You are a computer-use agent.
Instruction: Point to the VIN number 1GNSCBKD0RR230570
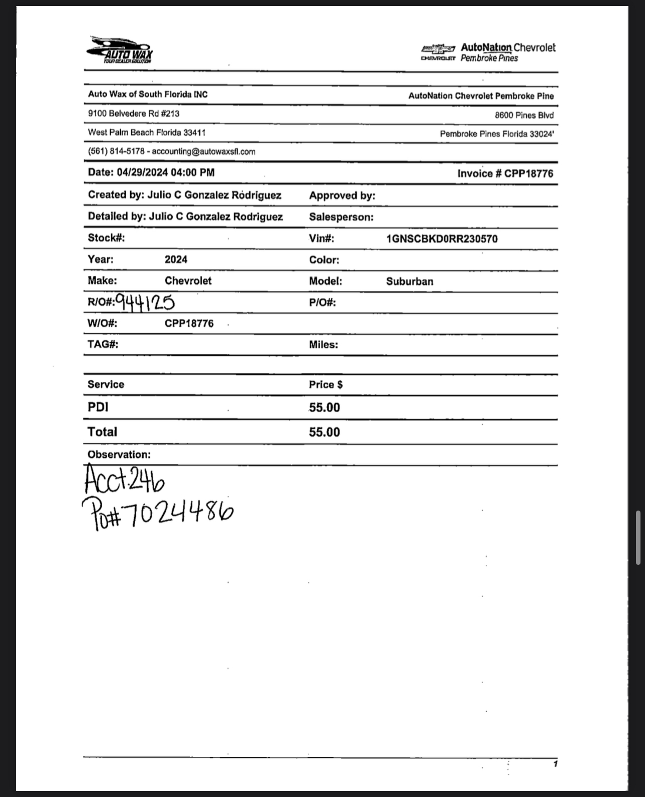coord(442,239)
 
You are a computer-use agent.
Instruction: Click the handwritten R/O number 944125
coord(145,302)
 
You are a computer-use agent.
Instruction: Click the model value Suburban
coord(409,281)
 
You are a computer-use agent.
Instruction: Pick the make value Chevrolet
coord(188,281)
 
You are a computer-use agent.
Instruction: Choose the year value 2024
coord(176,260)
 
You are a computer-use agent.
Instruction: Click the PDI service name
coord(98,407)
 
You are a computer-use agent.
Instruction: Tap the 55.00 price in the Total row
coord(324,432)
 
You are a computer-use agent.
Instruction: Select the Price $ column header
coord(326,384)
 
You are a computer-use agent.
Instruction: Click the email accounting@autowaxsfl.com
coord(203,151)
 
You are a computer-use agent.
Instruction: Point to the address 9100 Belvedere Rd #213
coord(134,114)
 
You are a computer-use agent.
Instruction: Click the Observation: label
coord(119,455)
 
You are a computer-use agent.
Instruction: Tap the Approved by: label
coord(342,195)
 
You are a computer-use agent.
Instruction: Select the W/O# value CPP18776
coord(189,324)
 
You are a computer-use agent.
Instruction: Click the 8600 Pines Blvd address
coord(524,115)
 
